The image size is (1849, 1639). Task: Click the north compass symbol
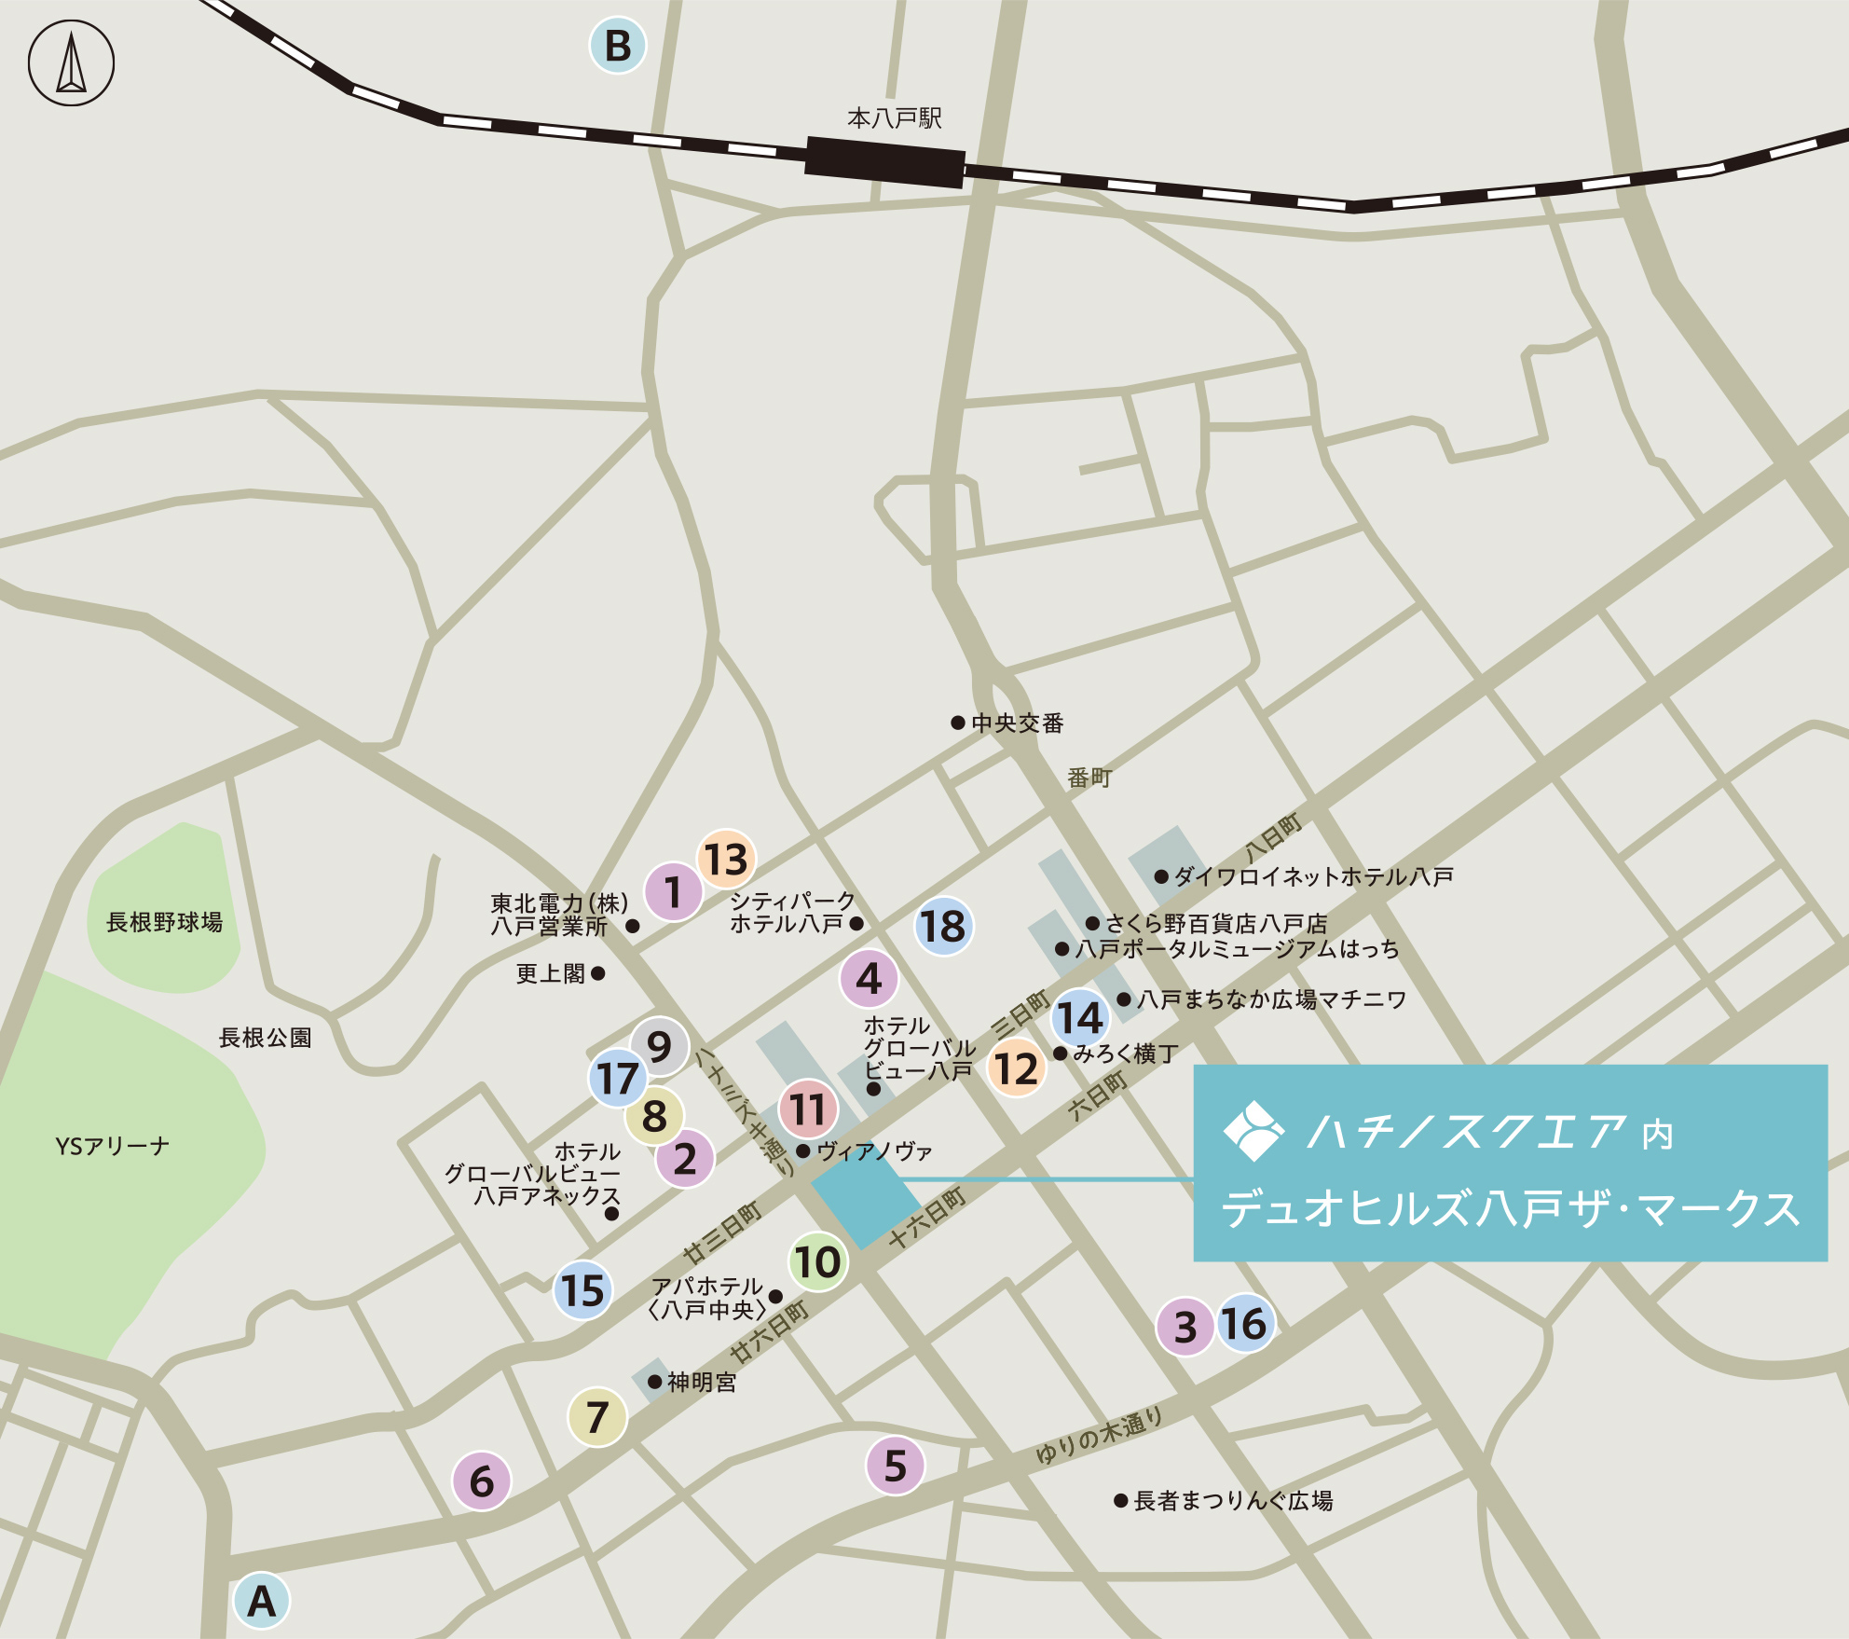[x=71, y=63]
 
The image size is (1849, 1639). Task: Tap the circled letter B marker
[x=618, y=46]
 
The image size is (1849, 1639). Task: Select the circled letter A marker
[x=261, y=1600]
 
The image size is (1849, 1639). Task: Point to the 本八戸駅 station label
[x=894, y=118]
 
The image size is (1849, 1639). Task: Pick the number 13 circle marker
[x=726, y=859]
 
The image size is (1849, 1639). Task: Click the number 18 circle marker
[x=943, y=926]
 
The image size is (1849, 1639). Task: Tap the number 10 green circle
[x=817, y=1262]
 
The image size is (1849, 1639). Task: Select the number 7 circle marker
[x=597, y=1416]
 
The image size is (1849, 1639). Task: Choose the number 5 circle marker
[x=895, y=1466]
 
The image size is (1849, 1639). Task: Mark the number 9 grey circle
[x=659, y=1046]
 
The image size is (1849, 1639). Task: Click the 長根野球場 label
[x=164, y=922]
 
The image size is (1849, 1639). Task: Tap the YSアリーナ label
[x=112, y=1146]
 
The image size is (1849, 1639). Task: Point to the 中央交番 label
[x=1017, y=723]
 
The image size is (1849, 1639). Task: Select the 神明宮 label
[x=701, y=1382]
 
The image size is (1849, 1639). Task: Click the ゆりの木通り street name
[x=1100, y=1436]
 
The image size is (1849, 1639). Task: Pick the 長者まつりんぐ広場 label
[x=1232, y=1500]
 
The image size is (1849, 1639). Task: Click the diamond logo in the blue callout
[x=1253, y=1131]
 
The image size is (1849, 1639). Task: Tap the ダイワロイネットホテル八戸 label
[x=1312, y=876]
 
